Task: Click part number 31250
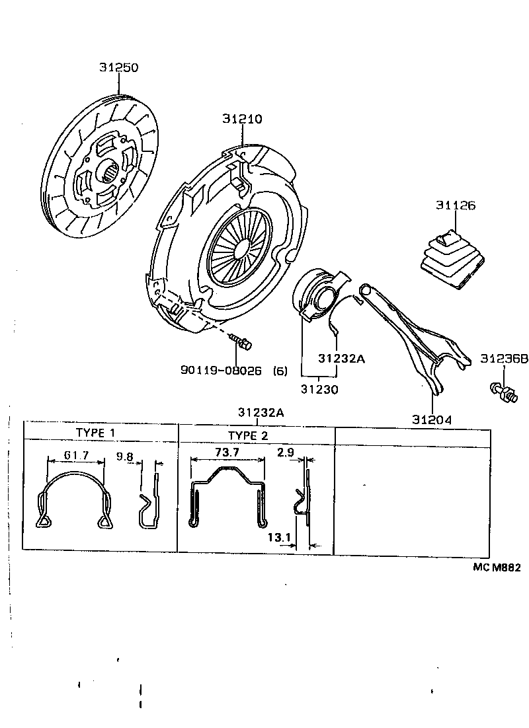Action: tap(119, 67)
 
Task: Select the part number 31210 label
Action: tap(242, 119)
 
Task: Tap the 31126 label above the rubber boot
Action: tap(455, 205)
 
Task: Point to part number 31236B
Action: tap(504, 359)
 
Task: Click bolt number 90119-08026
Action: tap(221, 371)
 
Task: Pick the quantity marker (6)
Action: tap(280, 371)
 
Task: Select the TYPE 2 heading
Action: tap(248, 435)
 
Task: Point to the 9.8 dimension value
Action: tap(125, 455)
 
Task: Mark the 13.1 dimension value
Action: tap(280, 537)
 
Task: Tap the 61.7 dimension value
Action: tap(77, 455)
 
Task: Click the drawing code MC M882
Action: tap(496, 566)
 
